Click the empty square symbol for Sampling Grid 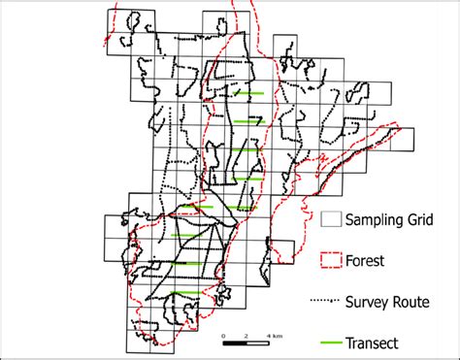pyautogui.click(x=331, y=220)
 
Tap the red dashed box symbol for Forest pyautogui.click(x=331, y=259)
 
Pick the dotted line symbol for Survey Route pyautogui.click(x=331, y=301)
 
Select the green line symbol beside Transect pyautogui.click(x=331, y=342)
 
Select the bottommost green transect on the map pyautogui.click(x=187, y=292)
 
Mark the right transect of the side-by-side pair pyautogui.click(x=243, y=208)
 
